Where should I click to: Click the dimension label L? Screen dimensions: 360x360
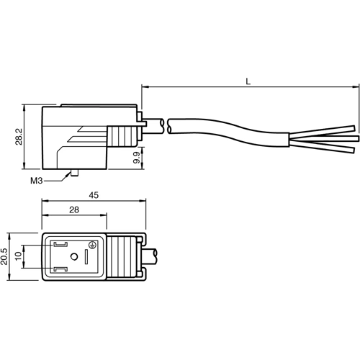[248, 81]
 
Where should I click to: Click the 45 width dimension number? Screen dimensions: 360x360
[94, 196]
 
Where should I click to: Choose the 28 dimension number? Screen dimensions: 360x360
[74, 210]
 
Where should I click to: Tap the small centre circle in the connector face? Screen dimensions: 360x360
[74, 257]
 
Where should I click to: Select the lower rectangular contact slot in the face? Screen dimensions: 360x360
[59, 270]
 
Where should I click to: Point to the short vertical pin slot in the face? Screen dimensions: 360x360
[89, 257]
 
